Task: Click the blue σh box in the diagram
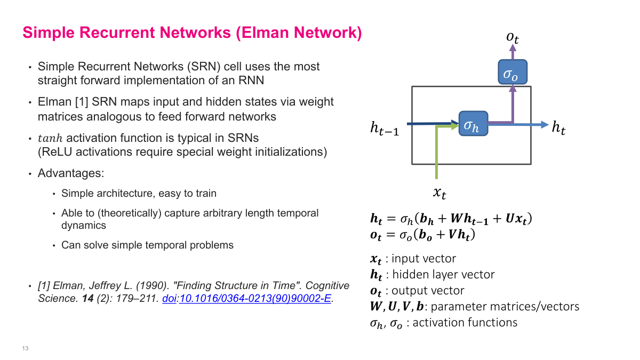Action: coord(473,125)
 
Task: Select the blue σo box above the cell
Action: coord(513,72)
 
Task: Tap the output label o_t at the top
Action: coord(513,37)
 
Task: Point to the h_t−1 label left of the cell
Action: coord(384,128)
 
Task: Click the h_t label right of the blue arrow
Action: coord(558,128)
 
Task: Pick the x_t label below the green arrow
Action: coord(439,193)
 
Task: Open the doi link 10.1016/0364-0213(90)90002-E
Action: coord(255,299)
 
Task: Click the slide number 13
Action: coord(25,348)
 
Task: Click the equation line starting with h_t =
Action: coord(451,219)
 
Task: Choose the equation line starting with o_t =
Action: coord(422,235)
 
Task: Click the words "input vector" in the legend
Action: coord(423,259)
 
